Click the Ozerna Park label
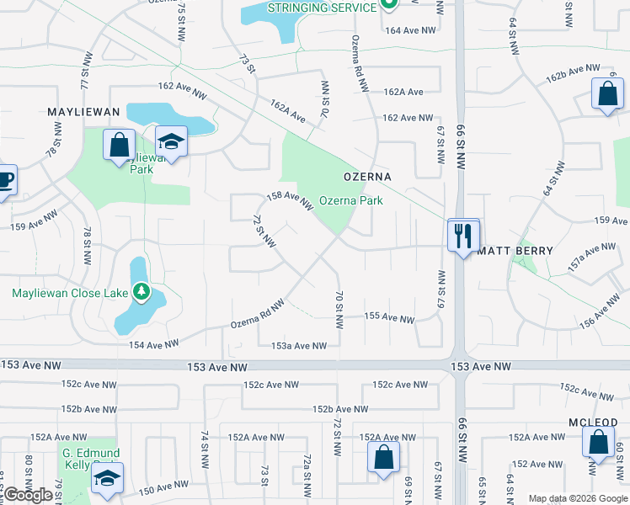coord(350,200)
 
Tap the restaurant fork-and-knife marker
coord(462,234)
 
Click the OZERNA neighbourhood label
coord(367,177)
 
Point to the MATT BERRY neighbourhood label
coord(515,251)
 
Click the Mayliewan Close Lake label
coord(70,293)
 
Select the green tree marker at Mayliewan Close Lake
coord(142,293)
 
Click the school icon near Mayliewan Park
coord(171,142)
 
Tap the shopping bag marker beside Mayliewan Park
coord(119,144)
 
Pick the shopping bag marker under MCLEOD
coord(597,443)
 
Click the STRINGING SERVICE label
coord(322,8)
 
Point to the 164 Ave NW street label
coord(411,30)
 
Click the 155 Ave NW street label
coord(389,318)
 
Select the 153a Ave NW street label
coord(298,346)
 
